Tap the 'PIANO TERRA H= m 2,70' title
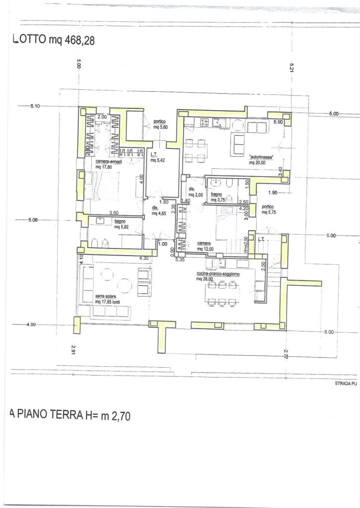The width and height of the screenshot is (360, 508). [x=70, y=415]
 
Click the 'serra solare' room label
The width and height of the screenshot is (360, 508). [x=106, y=296]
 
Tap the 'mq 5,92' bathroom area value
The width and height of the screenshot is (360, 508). [x=122, y=227]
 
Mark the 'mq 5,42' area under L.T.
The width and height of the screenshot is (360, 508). [x=158, y=161]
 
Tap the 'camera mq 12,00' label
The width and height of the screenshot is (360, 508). [x=205, y=246]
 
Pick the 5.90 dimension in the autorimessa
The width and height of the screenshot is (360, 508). [x=278, y=122]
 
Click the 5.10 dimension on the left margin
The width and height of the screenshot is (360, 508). [x=35, y=106]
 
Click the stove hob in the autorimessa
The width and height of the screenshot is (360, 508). [x=204, y=122]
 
